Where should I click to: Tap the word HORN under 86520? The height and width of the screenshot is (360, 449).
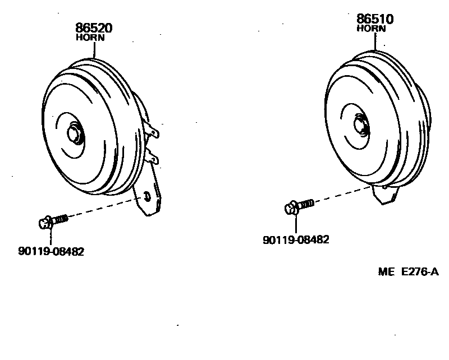(90, 38)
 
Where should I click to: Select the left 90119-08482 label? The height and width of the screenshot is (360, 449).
(51, 252)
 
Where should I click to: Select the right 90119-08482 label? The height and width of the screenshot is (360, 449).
(296, 239)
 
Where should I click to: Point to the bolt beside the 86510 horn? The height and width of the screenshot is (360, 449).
(297, 206)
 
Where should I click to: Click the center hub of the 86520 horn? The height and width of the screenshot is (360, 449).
(74, 133)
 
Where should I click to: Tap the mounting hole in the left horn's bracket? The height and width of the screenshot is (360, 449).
(147, 195)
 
